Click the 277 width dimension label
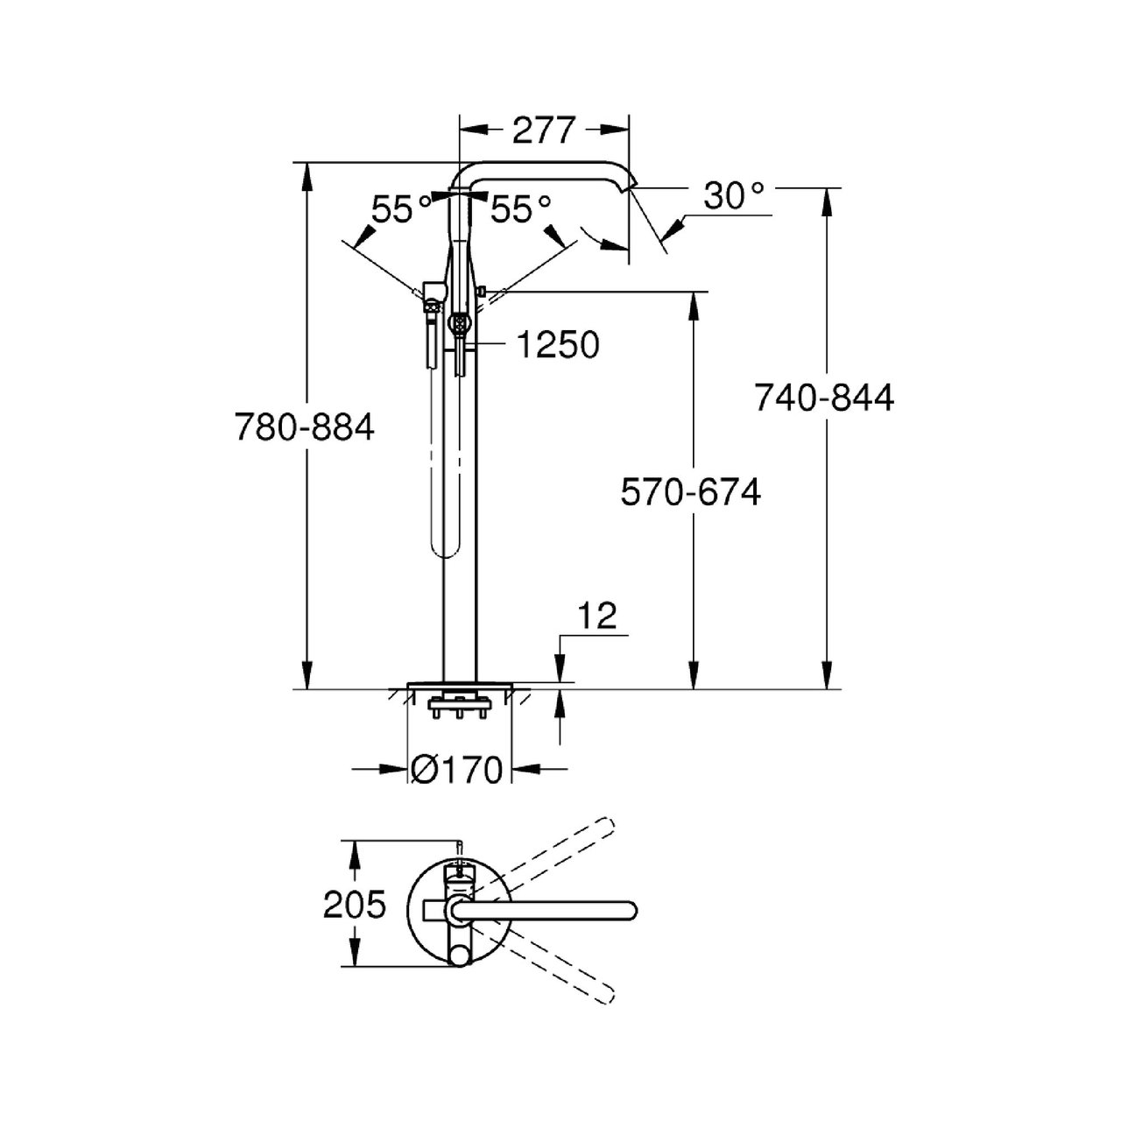coord(543,130)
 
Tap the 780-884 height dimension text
coord(304,427)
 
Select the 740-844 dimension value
coord(824,398)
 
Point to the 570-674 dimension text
coord(690,491)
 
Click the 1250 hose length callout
coord(557,344)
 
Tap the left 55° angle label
coord(401,209)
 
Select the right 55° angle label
coord(520,209)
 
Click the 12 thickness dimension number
coord(598,616)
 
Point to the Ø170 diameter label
coord(456,770)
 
